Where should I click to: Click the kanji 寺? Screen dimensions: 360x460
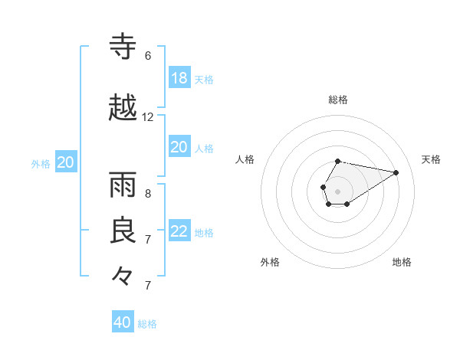click(x=123, y=47)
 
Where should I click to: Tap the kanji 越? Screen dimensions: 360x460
click(x=123, y=109)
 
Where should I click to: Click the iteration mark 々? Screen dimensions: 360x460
click(x=123, y=276)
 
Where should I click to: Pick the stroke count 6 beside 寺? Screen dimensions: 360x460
click(x=148, y=56)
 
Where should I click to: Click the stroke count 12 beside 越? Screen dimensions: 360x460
click(x=148, y=117)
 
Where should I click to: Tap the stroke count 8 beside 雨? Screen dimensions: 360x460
click(x=148, y=194)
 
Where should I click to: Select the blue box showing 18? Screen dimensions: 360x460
click(x=179, y=78)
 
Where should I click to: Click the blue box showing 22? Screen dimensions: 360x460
click(x=179, y=231)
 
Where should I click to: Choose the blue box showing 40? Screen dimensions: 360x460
click(x=123, y=322)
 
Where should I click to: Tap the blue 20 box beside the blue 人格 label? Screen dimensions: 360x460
click(x=179, y=147)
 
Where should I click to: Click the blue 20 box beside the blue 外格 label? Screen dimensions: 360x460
click(x=66, y=162)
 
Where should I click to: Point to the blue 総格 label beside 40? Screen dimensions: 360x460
click(x=147, y=324)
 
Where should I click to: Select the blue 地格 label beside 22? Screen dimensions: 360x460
click(x=204, y=233)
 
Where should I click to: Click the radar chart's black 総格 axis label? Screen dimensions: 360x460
click(x=338, y=100)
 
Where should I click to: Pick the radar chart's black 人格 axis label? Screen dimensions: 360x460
click(x=245, y=159)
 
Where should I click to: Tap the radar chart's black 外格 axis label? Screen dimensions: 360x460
click(x=270, y=262)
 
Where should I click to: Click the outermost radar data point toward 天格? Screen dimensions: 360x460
click(x=396, y=172)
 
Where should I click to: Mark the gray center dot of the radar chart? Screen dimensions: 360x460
click(x=337, y=190)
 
